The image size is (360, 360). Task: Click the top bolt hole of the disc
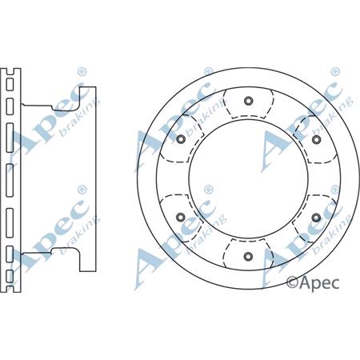(x=248, y=101)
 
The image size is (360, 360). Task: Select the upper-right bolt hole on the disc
(x=316, y=140)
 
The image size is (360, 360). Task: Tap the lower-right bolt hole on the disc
(x=316, y=218)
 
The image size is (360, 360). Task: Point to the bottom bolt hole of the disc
(x=248, y=257)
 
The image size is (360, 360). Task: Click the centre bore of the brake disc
(x=248, y=178)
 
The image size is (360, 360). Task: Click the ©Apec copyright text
(x=314, y=281)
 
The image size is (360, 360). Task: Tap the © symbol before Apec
(x=293, y=281)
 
